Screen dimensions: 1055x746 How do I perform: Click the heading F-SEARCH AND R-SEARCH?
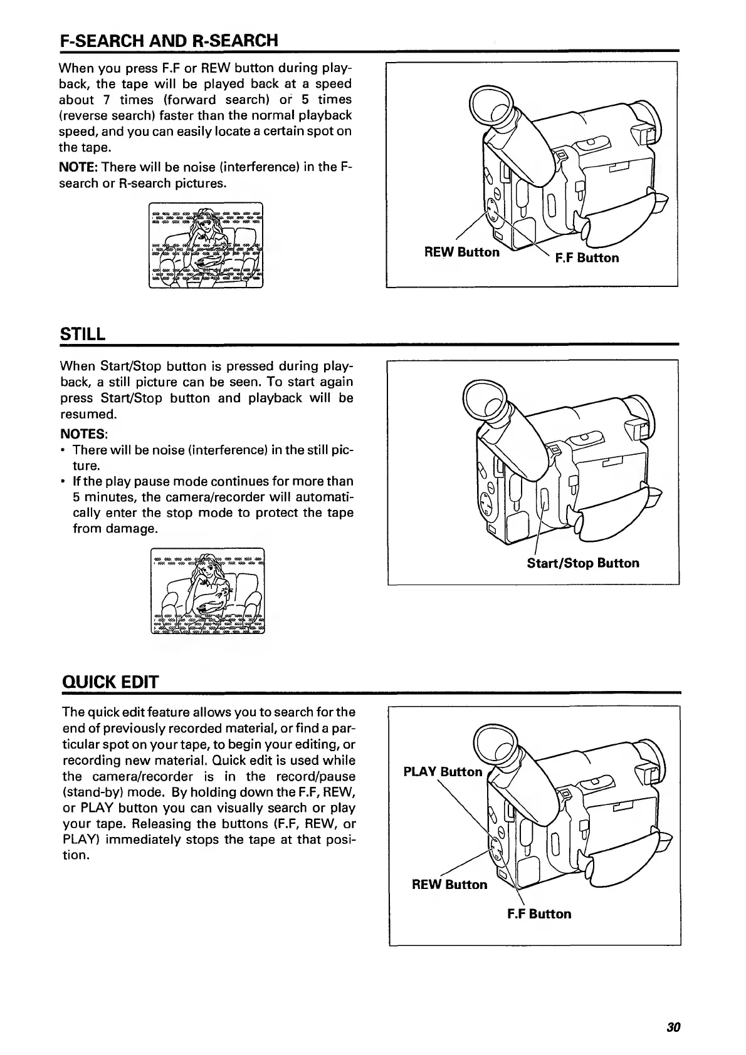(169, 41)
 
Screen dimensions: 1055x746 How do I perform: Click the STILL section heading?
(81, 334)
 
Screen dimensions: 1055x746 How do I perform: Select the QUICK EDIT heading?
(110, 682)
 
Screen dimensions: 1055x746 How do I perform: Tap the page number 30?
(673, 1027)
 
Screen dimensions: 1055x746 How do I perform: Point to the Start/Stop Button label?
(582, 563)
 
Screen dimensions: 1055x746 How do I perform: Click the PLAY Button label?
(443, 772)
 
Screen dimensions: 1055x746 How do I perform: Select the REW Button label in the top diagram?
(461, 252)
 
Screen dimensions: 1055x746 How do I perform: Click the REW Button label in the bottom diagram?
(449, 885)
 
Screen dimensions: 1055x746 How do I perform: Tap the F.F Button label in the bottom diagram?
(539, 914)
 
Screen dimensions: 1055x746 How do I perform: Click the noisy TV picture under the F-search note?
(206, 246)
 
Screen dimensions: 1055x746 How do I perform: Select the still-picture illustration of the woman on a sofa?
(208, 591)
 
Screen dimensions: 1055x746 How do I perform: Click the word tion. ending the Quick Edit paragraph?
(76, 856)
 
